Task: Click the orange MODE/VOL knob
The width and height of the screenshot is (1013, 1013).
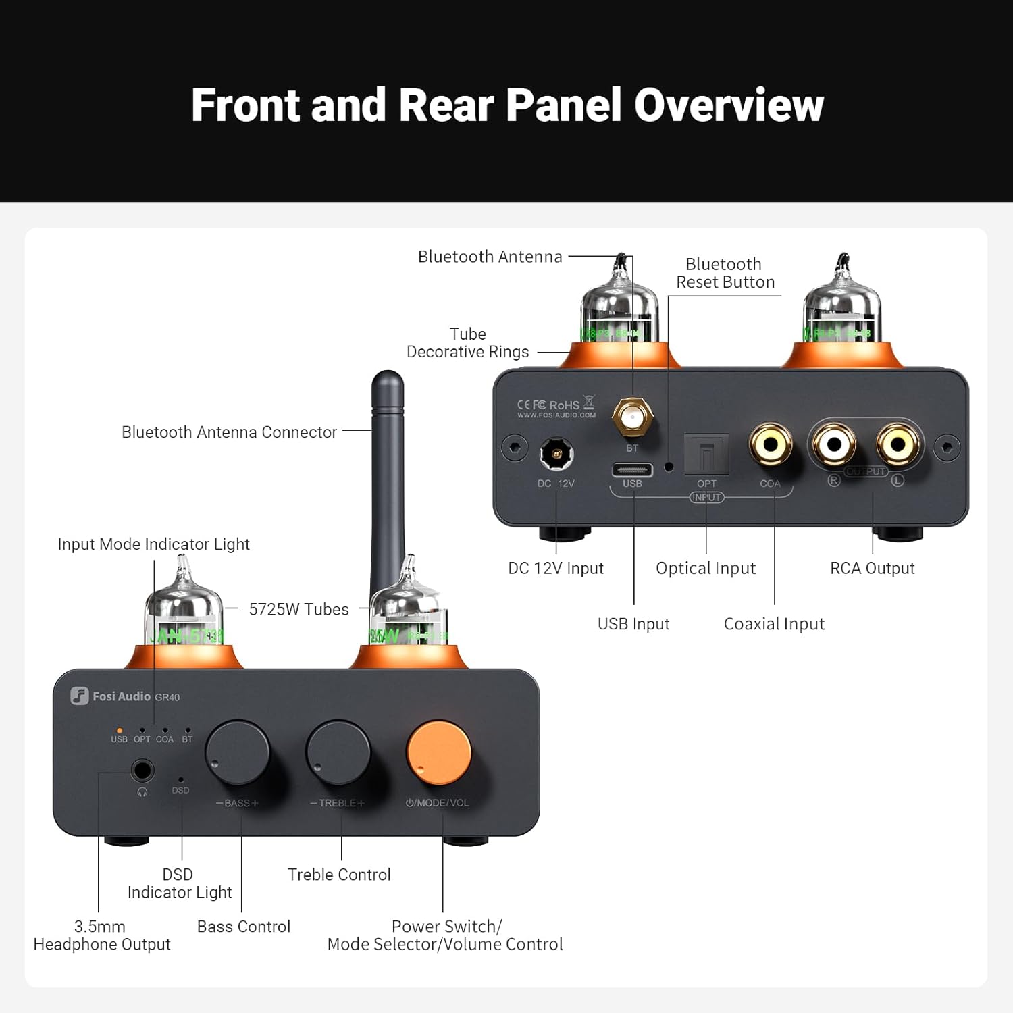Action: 438,752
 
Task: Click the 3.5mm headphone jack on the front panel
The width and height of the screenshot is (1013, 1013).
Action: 142,770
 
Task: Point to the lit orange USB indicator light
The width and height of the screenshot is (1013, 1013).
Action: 120,730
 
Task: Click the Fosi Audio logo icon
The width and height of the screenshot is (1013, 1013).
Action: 80,696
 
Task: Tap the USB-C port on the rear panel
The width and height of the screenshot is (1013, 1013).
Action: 632,469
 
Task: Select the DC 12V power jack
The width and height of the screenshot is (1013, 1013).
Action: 556,453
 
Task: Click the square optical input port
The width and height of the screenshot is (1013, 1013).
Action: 706,454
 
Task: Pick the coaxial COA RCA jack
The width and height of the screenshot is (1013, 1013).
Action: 770,445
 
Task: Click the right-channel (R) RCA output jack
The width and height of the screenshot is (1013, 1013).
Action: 834,444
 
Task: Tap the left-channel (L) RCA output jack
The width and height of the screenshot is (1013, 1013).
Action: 898,444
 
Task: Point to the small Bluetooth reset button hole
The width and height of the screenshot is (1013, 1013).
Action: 669,467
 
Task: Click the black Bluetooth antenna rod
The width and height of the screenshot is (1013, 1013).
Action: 388,473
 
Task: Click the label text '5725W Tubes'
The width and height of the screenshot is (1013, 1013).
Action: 298,609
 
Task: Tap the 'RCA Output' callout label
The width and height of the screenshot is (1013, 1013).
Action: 872,569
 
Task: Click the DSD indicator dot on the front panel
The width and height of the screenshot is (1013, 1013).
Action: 180,779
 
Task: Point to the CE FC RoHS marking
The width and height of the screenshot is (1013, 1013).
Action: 548,405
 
